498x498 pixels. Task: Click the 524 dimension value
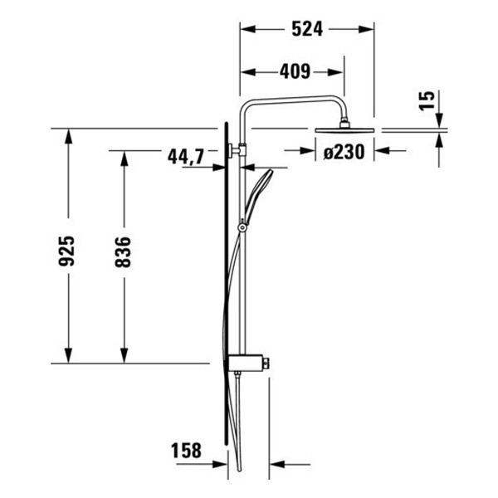click(x=308, y=29)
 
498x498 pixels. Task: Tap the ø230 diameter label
click(x=344, y=152)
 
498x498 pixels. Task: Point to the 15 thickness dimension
click(x=427, y=102)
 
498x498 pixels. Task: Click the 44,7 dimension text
click(x=185, y=155)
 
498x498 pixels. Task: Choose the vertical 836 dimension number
click(x=123, y=251)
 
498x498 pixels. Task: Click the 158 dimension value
click(x=186, y=452)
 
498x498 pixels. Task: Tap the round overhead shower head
click(x=344, y=129)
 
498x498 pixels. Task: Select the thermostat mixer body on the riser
click(x=249, y=363)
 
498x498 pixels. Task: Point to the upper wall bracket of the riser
click(x=237, y=151)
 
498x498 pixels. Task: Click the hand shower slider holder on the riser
click(x=242, y=226)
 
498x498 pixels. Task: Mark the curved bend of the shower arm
click(x=246, y=105)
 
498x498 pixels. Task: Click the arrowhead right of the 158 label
click(x=277, y=464)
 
